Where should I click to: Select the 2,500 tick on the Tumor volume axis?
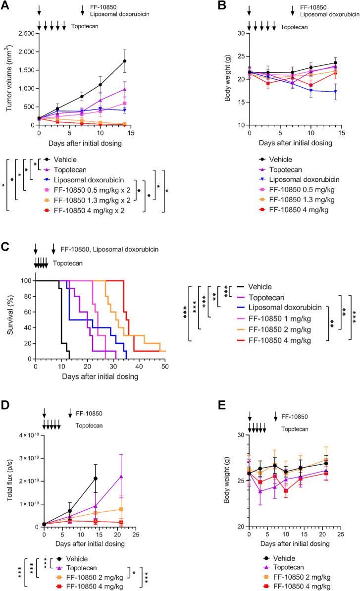(x=25, y=33)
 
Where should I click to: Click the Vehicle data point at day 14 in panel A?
(x=125, y=61)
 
